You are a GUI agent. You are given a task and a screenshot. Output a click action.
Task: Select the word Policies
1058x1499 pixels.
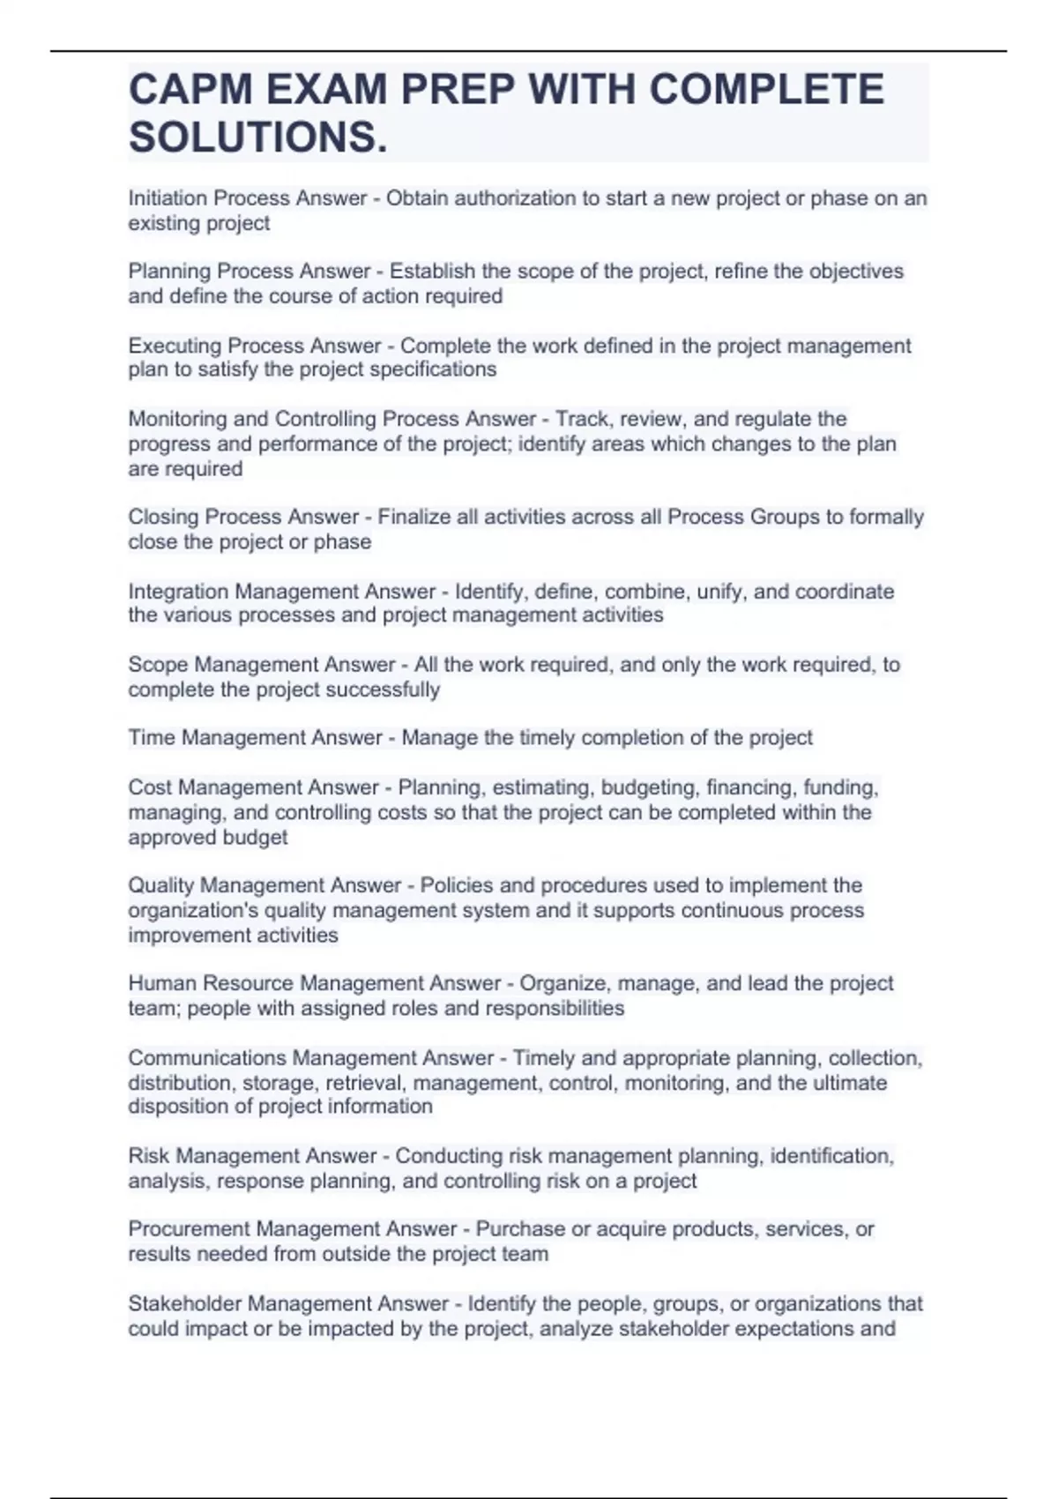[x=457, y=885]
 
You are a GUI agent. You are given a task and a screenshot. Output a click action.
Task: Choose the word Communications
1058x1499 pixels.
[x=207, y=1058]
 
